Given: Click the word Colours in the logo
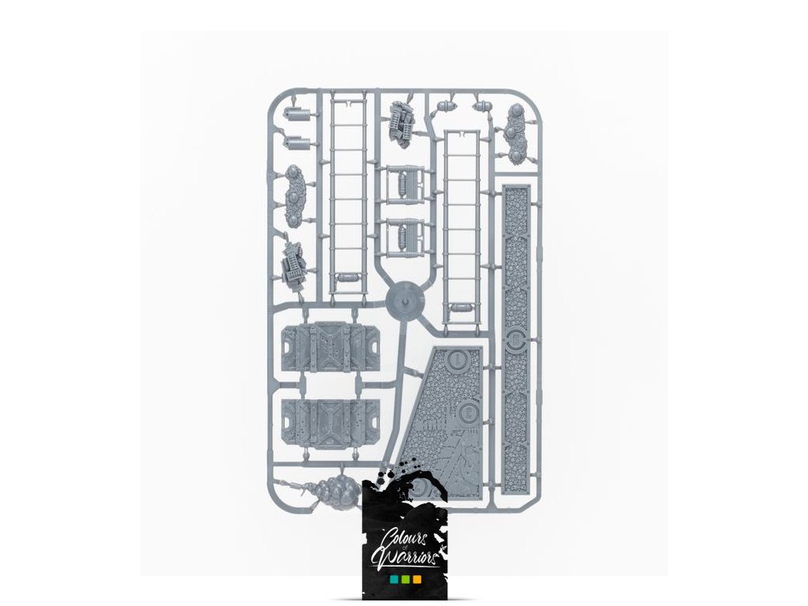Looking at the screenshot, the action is click(x=404, y=538).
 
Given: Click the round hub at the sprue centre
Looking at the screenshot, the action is click(x=406, y=299).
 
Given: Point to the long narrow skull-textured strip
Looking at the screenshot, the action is click(x=517, y=339).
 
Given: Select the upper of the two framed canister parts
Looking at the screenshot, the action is click(x=406, y=184).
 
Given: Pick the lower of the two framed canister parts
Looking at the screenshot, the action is click(x=406, y=234).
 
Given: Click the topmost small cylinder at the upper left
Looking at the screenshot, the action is click(x=297, y=114).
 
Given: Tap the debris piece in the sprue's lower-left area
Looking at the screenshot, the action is click(x=294, y=263).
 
